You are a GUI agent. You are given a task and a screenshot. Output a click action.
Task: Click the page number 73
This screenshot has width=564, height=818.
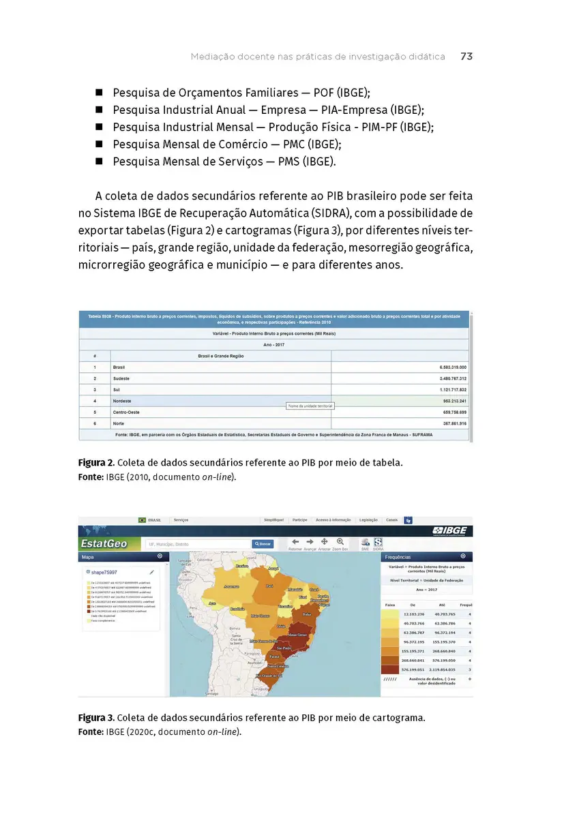tap(466, 57)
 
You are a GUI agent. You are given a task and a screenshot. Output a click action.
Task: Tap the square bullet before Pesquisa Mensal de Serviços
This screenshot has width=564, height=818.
tap(99, 162)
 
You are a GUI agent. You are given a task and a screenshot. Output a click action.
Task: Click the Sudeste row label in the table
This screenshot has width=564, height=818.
tap(121, 378)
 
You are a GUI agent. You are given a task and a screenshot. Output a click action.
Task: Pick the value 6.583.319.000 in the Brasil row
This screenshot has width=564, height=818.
tap(444, 367)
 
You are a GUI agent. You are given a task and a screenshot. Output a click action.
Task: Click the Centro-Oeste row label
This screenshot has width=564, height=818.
tap(126, 412)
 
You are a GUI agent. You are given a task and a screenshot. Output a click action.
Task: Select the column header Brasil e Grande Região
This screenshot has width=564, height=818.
tap(221, 356)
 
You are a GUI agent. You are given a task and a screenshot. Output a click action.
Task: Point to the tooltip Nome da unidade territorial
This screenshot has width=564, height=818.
tap(310, 406)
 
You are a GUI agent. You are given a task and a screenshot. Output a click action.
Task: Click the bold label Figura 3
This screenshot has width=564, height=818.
tap(95, 718)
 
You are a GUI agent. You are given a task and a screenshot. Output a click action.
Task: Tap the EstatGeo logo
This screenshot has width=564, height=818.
tap(104, 543)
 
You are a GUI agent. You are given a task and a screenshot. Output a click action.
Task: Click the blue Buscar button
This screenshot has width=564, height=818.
tap(263, 544)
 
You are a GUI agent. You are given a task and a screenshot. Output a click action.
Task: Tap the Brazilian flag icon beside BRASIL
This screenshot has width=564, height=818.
tap(142, 520)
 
